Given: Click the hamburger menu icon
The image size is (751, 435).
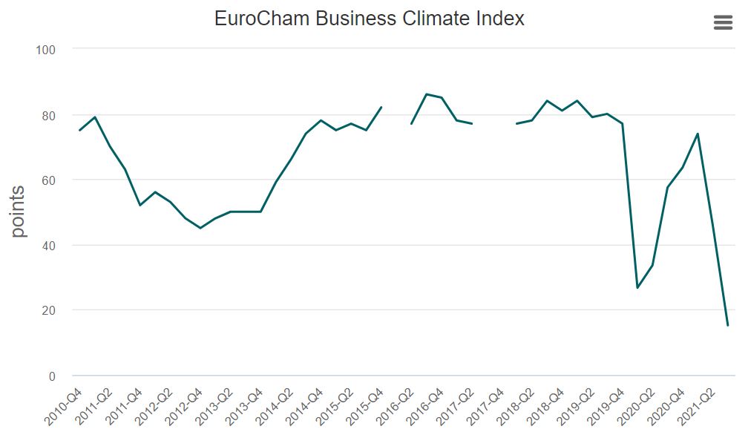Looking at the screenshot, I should tap(723, 23).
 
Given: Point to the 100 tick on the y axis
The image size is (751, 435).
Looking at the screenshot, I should tap(46, 50).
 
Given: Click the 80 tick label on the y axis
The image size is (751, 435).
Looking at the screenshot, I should tap(48, 115).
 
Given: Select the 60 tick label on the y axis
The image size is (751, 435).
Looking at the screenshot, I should tap(48, 180).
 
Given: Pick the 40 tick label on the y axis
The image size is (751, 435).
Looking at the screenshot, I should tap(48, 246).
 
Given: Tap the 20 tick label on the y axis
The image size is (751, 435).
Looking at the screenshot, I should tap(48, 310).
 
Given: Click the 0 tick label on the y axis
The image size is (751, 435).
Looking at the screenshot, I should tap(52, 376).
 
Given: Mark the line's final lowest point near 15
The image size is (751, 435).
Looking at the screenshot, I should tap(727, 325).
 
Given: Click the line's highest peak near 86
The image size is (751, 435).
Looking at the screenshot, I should tap(427, 94).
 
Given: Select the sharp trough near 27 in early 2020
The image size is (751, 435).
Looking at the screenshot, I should tap(637, 287).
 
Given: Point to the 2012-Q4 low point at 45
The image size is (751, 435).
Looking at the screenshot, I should tap(200, 228).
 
